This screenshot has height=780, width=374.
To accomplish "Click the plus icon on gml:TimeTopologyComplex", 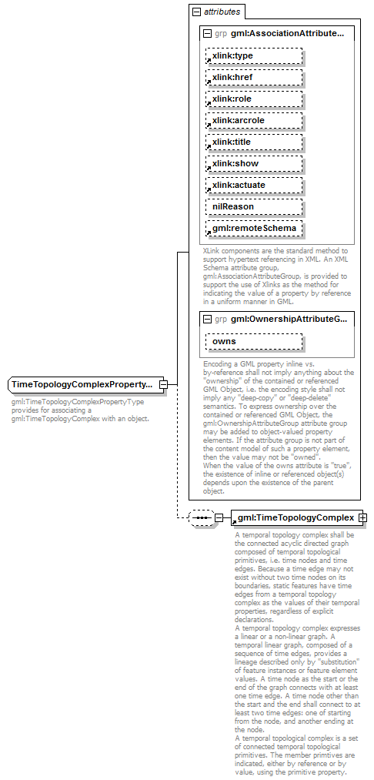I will click(x=362, y=517).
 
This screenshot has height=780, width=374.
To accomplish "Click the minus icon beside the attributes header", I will click(x=197, y=12).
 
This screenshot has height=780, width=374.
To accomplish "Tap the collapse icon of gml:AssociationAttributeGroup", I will click(x=207, y=34).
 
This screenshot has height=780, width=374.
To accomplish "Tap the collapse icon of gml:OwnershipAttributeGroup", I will click(x=207, y=319).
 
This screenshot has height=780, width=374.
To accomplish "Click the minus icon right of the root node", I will click(x=163, y=384).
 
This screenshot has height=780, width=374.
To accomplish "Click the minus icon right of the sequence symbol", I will click(x=219, y=517).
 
